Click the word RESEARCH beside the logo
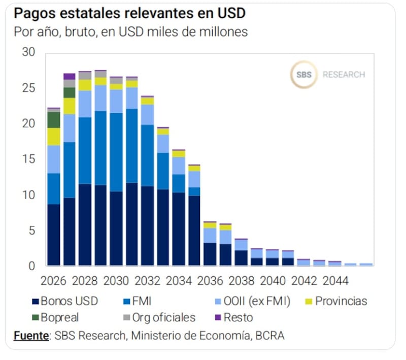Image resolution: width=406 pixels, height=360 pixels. (x=344, y=75)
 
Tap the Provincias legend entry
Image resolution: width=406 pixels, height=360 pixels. (x=341, y=301)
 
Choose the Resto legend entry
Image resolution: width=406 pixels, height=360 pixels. (x=238, y=318)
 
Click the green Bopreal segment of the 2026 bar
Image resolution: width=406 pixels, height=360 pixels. (x=53, y=120)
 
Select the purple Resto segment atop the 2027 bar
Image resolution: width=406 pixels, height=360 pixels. (x=69, y=76)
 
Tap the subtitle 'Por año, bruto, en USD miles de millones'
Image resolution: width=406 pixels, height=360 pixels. (x=131, y=31)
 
